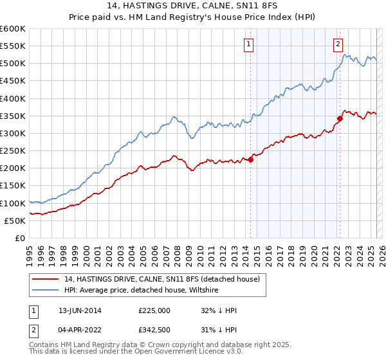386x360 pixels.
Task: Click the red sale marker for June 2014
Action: point(250,160)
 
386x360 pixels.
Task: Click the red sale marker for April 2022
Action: point(340,118)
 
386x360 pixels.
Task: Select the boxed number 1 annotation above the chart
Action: point(248,44)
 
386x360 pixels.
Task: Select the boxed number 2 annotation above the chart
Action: point(338,44)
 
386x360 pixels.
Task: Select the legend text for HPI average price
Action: point(141,291)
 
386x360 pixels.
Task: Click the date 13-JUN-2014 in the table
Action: point(80,310)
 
